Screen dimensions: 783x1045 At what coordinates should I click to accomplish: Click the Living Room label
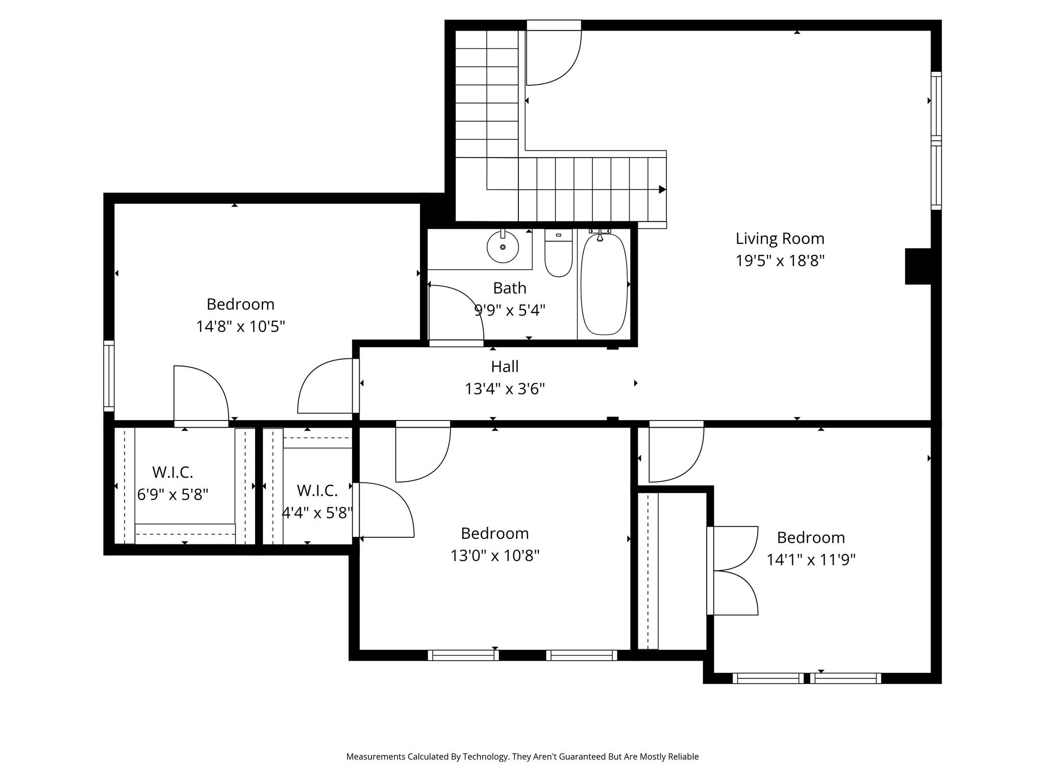tap(780, 239)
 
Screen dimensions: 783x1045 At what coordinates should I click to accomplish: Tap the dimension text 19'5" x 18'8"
tap(780, 261)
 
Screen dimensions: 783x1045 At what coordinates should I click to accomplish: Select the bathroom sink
tap(503, 247)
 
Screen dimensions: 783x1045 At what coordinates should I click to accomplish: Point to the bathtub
tap(604, 284)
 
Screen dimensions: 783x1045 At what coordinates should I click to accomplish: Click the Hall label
tap(505, 367)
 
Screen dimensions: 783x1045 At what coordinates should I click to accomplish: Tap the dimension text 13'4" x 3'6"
tap(505, 389)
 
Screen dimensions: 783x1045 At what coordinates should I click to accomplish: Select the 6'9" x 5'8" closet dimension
tap(172, 494)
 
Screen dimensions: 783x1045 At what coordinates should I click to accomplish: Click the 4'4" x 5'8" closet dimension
tap(317, 512)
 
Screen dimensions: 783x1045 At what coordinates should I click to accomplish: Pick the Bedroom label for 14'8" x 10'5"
tap(240, 304)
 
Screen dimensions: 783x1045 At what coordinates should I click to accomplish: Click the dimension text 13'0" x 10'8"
tap(494, 556)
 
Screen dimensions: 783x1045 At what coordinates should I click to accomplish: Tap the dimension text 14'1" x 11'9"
tap(811, 560)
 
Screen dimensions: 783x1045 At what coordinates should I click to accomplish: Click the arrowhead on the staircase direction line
tap(662, 190)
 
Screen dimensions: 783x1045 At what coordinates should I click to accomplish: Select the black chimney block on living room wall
tap(918, 266)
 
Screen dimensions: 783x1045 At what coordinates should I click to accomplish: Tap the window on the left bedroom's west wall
tap(109, 376)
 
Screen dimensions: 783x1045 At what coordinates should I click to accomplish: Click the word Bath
tap(509, 289)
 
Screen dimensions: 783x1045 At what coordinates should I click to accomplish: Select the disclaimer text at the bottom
tap(522, 756)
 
